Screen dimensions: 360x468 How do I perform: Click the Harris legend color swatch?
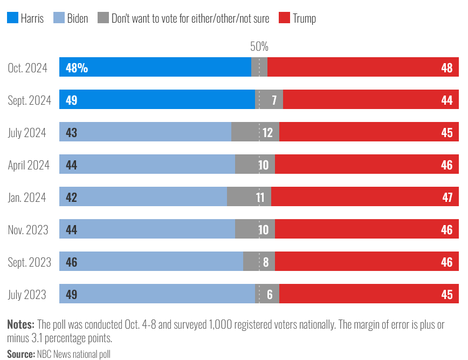click(x=12, y=18)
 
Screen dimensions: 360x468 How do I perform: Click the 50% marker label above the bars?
click(x=259, y=47)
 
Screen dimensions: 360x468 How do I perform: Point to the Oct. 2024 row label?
click(x=27, y=68)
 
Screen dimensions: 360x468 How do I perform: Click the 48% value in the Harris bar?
click(x=77, y=68)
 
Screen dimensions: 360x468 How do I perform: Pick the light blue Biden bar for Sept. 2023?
click(x=151, y=262)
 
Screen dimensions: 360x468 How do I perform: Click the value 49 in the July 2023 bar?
click(x=71, y=295)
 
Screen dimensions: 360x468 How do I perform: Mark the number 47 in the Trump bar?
click(x=447, y=197)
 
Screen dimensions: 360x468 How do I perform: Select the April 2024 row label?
click(x=29, y=165)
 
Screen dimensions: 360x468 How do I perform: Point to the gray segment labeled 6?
click(x=267, y=295)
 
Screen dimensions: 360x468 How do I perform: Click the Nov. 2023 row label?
click(x=28, y=230)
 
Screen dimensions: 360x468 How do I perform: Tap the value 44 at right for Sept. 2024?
click(x=446, y=100)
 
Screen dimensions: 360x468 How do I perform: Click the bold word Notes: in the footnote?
click(x=20, y=324)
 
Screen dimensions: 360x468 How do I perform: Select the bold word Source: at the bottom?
click(x=21, y=354)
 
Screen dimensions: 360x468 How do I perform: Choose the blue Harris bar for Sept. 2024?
click(x=156, y=100)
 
